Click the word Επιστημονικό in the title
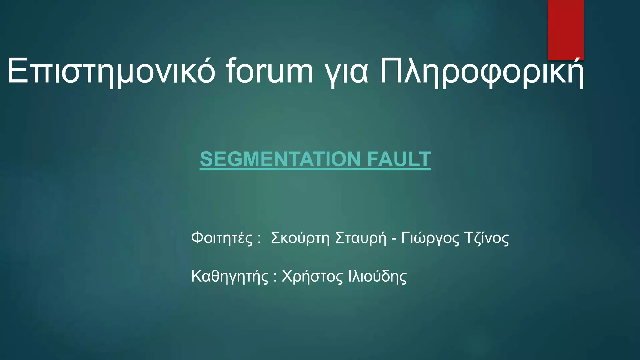[x=111, y=71]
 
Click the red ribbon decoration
[x=566, y=30]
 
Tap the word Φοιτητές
[x=222, y=238]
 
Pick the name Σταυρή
[x=361, y=238]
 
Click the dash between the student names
[x=394, y=239]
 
